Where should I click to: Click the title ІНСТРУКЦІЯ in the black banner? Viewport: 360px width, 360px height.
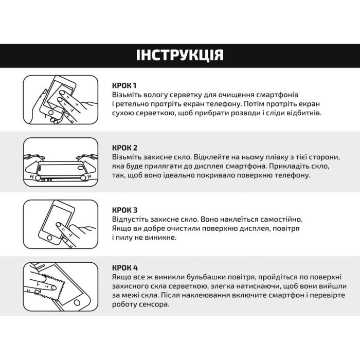tap(179, 56)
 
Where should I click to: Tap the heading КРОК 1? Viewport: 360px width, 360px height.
tap(124, 85)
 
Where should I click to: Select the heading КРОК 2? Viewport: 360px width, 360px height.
tap(124, 148)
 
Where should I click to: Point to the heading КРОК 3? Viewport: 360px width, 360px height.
tap(124, 210)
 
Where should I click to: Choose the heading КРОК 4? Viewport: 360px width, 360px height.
tap(124, 267)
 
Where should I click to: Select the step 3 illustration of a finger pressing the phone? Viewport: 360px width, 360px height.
tap(60, 225)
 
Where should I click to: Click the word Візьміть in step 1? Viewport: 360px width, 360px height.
tap(127, 95)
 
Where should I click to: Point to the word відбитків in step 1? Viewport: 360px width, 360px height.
tap(304, 113)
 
